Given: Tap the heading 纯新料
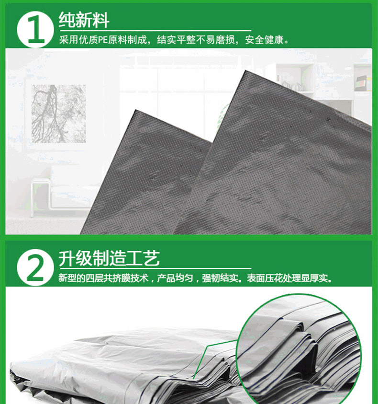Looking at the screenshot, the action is pyautogui.click(x=84, y=20).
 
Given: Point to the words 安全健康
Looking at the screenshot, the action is pyautogui.click(x=264, y=40).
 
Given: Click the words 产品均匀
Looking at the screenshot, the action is pyautogui.click(x=175, y=278).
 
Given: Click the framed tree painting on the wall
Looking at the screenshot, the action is pyautogui.click(x=59, y=114).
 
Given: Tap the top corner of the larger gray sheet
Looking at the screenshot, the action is pyautogui.click(x=245, y=70).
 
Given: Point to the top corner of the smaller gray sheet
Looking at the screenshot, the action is pyautogui.click(x=135, y=110).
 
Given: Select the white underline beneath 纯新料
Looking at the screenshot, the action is pyautogui.click(x=155, y=31).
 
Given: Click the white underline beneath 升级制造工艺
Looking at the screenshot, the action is pyautogui.click(x=155, y=269).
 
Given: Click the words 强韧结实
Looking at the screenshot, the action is pyautogui.click(x=220, y=278).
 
